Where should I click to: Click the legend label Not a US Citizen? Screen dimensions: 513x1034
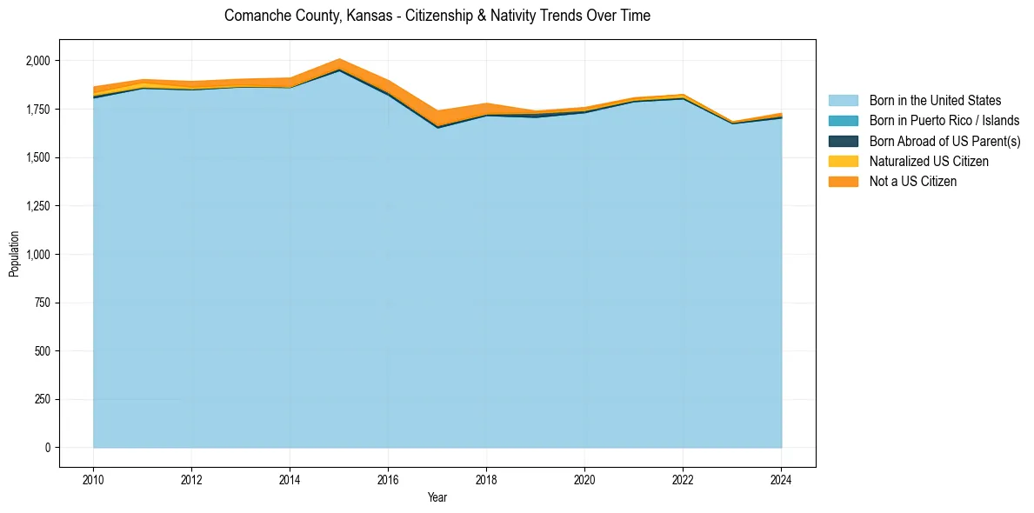pos(912,181)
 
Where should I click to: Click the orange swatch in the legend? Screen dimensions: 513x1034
pos(843,181)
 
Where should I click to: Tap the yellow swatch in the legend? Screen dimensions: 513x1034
pos(843,161)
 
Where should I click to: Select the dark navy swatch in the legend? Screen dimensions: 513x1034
pos(843,141)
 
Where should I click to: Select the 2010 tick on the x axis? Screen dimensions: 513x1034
pos(93,478)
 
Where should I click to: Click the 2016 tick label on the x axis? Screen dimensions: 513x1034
pos(388,478)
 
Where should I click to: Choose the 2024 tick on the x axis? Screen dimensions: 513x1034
pos(781,478)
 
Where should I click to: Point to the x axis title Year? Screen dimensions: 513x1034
pos(437,497)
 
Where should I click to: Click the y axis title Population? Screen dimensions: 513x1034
pos(14,254)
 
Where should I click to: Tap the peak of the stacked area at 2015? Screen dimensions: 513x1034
pos(339,59)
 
